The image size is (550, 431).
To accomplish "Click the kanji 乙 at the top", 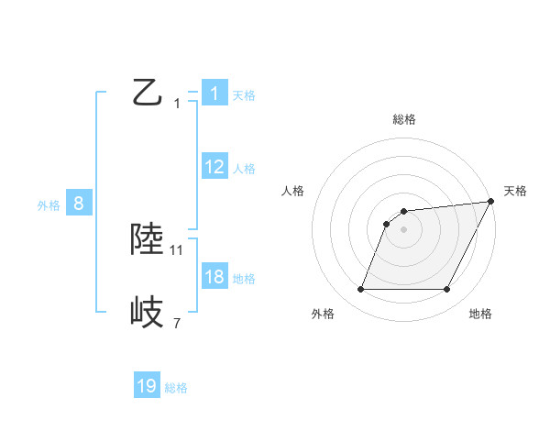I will [148, 92].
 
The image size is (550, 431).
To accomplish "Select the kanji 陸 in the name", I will [148, 239].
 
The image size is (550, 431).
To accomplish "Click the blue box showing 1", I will [214, 93].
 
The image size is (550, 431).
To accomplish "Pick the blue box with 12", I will [214, 166].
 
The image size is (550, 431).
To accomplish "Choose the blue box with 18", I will [214, 276].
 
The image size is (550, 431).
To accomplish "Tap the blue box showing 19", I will [147, 386].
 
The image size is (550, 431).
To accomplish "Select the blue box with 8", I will [79, 204].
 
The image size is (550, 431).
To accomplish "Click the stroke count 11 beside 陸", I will [177, 249].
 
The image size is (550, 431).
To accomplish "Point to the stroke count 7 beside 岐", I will [177, 323].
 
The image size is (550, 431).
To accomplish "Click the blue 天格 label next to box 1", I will [244, 94].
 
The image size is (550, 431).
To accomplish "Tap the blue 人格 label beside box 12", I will [244, 169].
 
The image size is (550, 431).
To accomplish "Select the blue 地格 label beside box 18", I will [244, 279].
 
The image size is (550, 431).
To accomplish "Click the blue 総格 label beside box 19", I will [176, 389].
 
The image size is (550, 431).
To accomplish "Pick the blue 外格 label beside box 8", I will [49, 206].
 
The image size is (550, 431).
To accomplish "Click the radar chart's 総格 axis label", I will [403, 119].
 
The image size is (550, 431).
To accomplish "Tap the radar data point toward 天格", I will [490, 202].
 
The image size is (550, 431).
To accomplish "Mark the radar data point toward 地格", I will [446, 290].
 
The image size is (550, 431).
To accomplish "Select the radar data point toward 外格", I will [360, 290].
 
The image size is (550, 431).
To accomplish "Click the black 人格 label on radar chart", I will [293, 191].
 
